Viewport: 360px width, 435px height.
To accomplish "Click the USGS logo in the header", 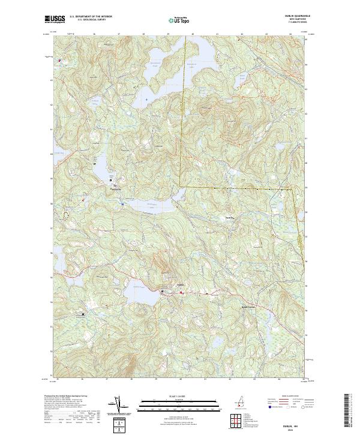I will click(x=55, y=19).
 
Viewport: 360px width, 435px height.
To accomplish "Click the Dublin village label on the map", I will click(x=179, y=285).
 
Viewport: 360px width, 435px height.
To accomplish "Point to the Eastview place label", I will click(x=229, y=217).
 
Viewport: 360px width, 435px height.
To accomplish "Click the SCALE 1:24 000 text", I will click(x=179, y=397).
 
